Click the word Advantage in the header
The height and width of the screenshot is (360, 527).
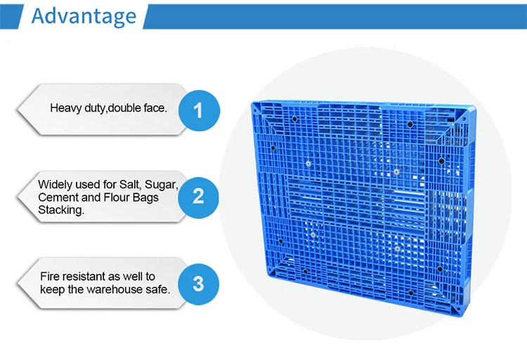(84, 16)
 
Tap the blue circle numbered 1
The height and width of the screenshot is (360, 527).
(198, 110)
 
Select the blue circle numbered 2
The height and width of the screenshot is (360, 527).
(198, 195)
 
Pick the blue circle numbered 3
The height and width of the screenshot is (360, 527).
(198, 283)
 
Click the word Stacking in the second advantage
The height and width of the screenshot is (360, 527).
(61, 210)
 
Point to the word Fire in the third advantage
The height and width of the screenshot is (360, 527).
(51, 276)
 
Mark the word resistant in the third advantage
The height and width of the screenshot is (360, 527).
(86, 276)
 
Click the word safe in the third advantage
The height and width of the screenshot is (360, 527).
(157, 290)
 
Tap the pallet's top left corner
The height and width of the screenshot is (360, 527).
(253, 104)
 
